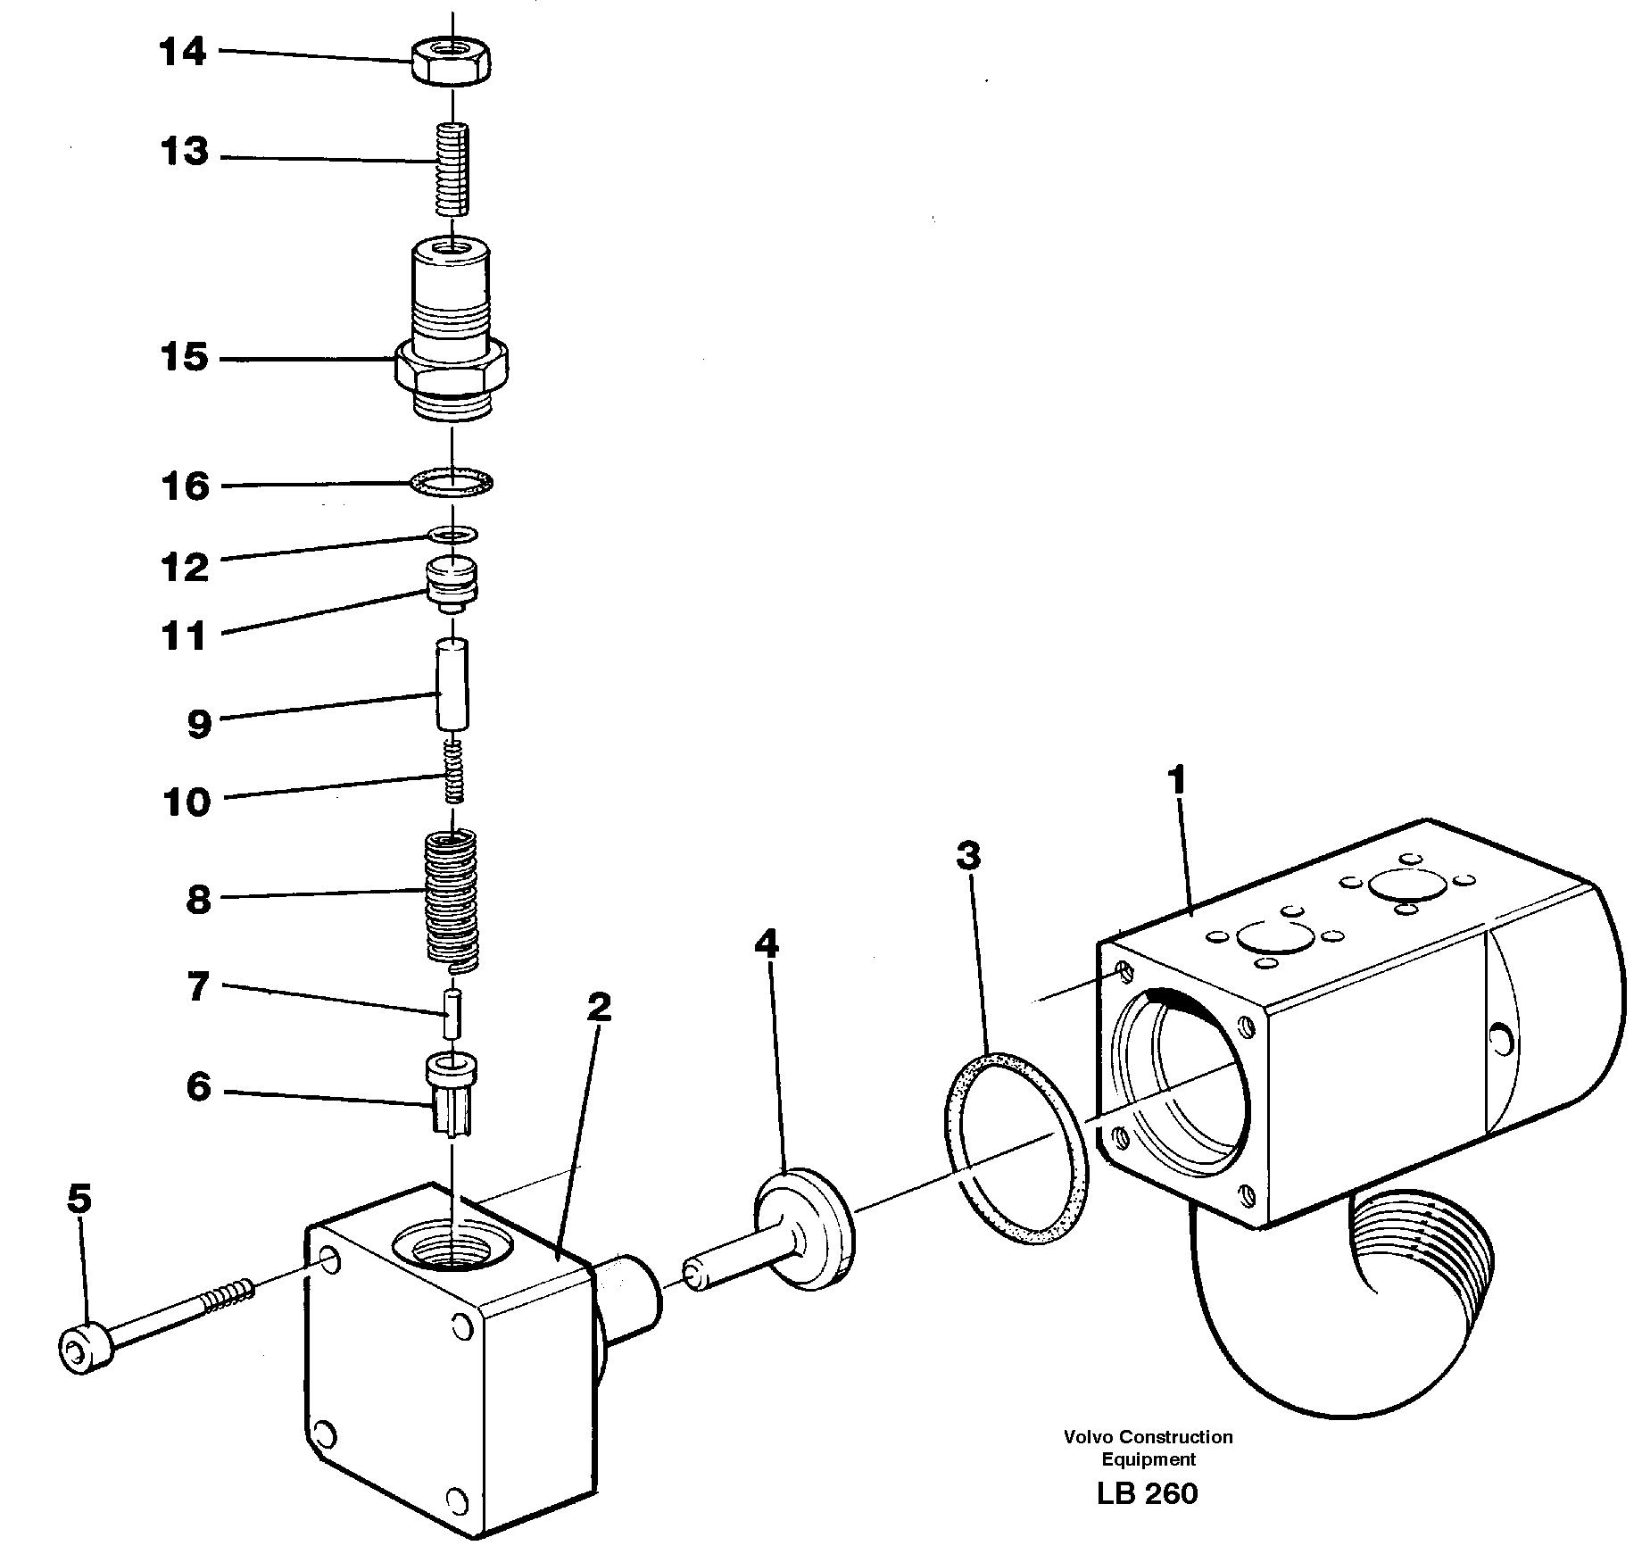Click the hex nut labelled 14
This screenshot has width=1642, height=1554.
(x=452, y=62)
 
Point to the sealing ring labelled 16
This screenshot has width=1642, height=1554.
(x=452, y=483)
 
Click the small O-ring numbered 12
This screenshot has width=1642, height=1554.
(x=452, y=535)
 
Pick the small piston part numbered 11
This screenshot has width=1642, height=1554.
(x=453, y=584)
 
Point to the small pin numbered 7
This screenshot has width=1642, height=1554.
(x=453, y=1013)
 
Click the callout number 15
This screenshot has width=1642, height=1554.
(x=184, y=358)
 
